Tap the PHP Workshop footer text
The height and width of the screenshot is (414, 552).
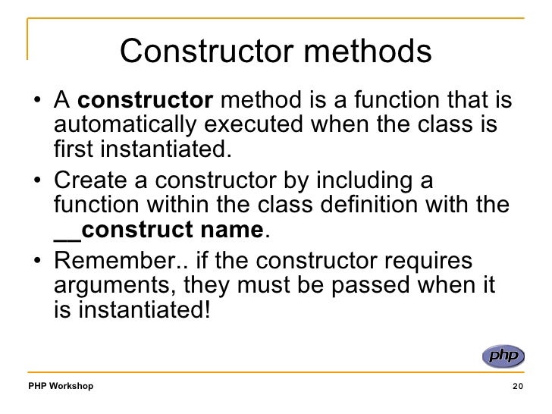(61, 387)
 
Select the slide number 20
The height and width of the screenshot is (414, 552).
(518, 387)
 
